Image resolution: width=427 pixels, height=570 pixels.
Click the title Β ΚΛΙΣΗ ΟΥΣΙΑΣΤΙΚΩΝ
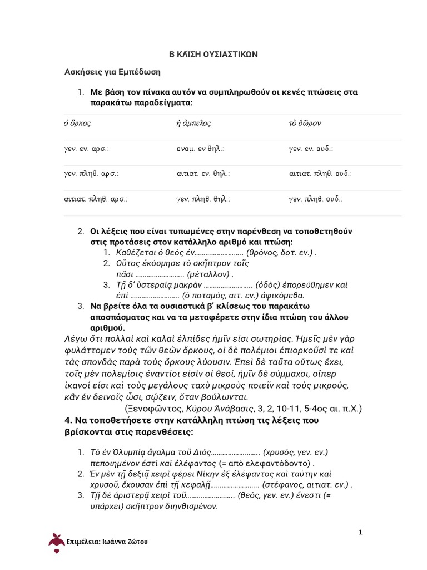point(213,55)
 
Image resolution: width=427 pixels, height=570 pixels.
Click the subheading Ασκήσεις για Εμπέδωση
point(113,72)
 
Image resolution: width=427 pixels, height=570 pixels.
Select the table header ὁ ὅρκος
point(77,124)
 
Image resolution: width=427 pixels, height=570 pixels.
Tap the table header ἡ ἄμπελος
point(193,124)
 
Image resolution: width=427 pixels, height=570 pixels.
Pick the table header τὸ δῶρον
point(304,124)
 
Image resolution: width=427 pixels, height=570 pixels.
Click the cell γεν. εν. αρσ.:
point(86,149)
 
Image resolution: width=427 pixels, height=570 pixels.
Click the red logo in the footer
point(56,540)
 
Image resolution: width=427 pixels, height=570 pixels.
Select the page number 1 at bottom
point(360,532)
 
